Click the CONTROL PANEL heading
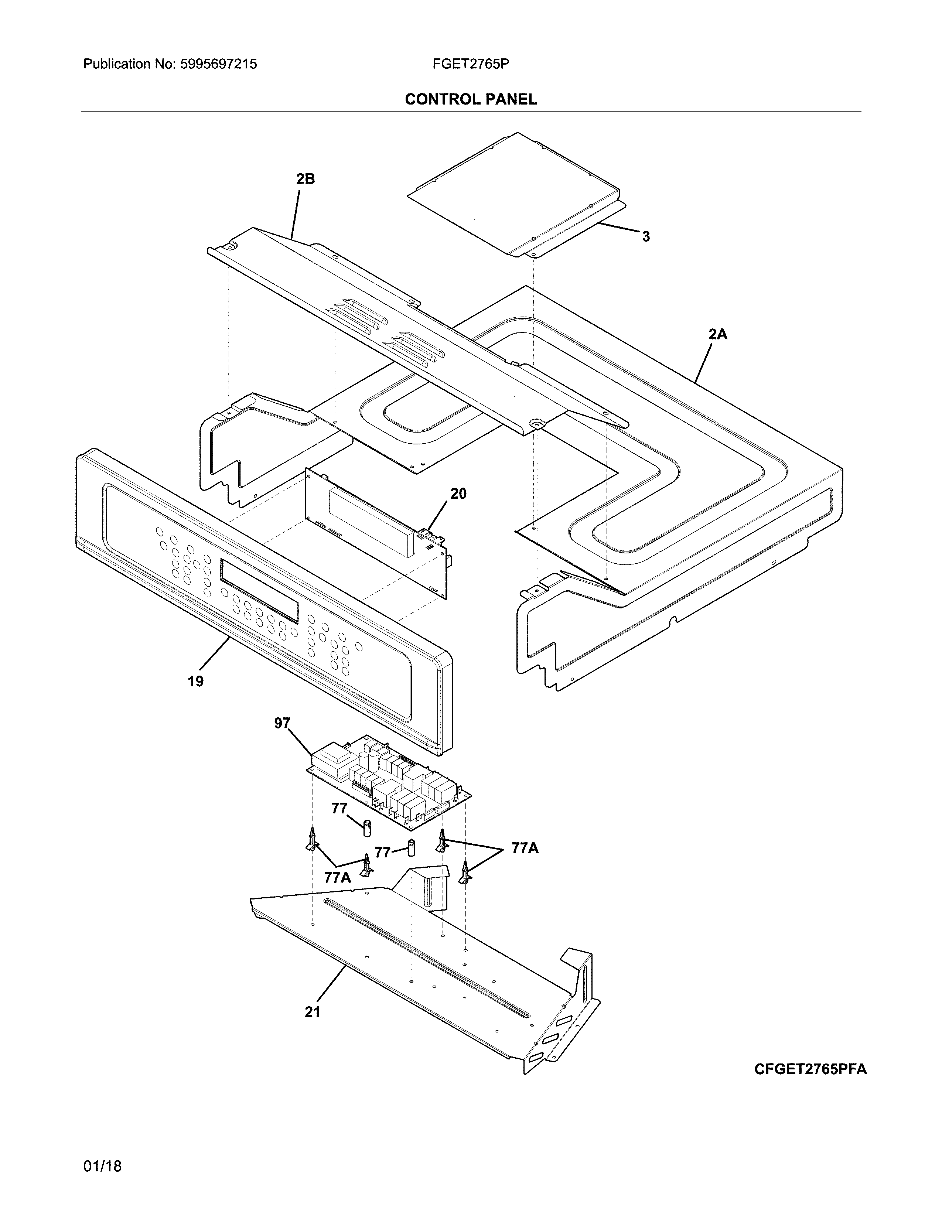[470, 99]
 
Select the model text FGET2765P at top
[470, 64]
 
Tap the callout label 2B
[305, 179]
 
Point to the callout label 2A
[718, 334]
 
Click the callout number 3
[646, 237]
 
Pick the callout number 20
[458, 494]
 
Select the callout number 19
[195, 681]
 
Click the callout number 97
[282, 723]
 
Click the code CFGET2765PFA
[810, 1069]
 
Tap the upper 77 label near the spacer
[339, 809]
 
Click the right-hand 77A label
[525, 848]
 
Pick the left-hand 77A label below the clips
[338, 877]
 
